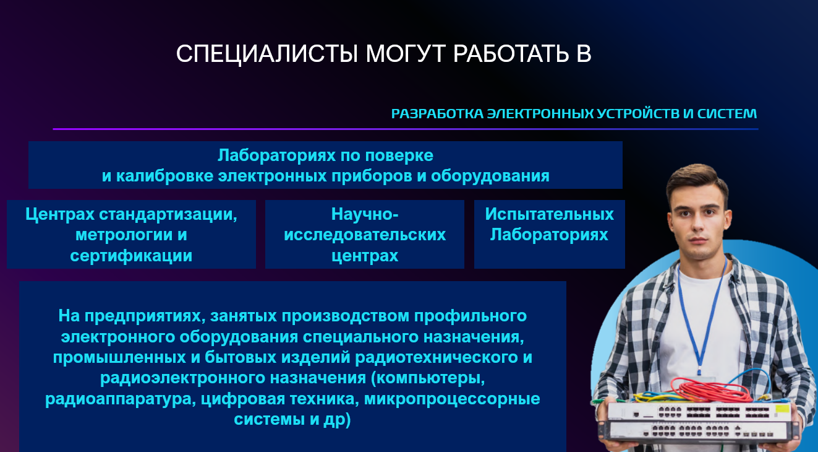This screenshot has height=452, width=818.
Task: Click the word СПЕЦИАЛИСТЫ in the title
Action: click(x=267, y=54)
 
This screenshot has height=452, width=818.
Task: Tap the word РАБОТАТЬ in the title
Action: click(x=511, y=54)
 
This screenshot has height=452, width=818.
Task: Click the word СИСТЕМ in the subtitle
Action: click(x=726, y=114)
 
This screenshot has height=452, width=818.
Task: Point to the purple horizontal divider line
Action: click(x=406, y=129)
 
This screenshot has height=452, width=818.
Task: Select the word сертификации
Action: click(x=131, y=256)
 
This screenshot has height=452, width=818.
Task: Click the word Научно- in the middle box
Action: click(x=364, y=214)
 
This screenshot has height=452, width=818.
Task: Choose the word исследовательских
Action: click(x=364, y=235)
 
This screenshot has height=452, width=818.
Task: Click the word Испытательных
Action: click(x=549, y=214)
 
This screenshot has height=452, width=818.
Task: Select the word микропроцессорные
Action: click(x=452, y=399)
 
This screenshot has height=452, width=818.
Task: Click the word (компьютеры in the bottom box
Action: click(x=428, y=378)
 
